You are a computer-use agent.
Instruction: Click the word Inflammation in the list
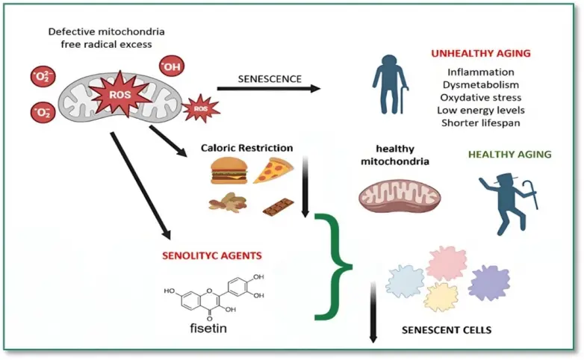pyautogui.click(x=480, y=72)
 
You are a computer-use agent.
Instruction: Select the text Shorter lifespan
pyautogui.click(x=480, y=122)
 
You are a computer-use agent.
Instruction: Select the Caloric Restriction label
pyautogui.click(x=246, y=148)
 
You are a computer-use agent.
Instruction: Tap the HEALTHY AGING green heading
pyautogui.click(x=509, y=155)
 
